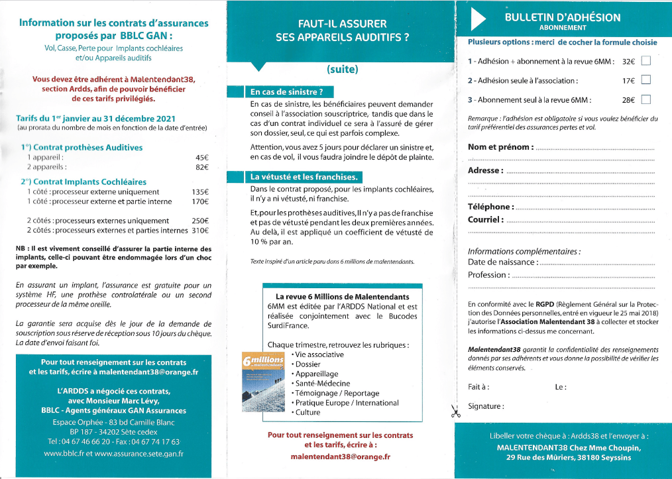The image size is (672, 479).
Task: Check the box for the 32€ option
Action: (x=646, y=62)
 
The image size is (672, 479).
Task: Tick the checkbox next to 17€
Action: (x=646, y=81)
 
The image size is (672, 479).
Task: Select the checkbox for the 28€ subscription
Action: (x=646, y=100)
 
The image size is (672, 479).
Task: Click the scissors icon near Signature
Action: (x=455, y=411)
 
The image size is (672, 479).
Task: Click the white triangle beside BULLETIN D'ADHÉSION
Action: (x=478, y=21)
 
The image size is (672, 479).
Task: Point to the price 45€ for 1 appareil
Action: (x=202, y=158)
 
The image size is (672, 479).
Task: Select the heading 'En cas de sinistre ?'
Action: (x=288, y=92)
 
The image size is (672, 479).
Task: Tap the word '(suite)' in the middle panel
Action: (x=342, y=69)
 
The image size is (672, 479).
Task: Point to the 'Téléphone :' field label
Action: (x=491, y=207)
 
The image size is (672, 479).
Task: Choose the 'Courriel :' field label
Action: (x=486, y=219)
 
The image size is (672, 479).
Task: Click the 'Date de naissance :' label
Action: (x=503, y=263)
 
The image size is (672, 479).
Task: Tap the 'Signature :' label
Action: (x=486, y=406)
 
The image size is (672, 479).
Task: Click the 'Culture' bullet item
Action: (x=308, y=412)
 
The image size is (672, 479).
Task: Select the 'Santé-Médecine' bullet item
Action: (x=323, y=384)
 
